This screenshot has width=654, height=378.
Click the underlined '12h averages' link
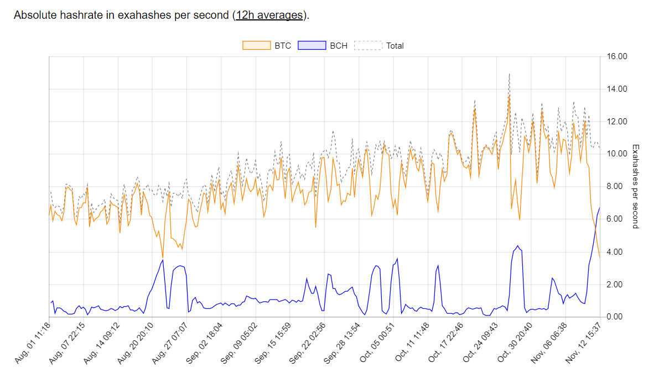point(269,15)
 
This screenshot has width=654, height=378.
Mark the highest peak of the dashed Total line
point(509,73)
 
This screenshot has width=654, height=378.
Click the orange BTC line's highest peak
point(509,95)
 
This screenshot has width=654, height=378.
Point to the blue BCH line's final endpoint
point(600,207)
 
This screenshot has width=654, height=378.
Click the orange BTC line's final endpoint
point(600,258)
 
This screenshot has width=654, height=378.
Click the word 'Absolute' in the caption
point(34,15)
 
